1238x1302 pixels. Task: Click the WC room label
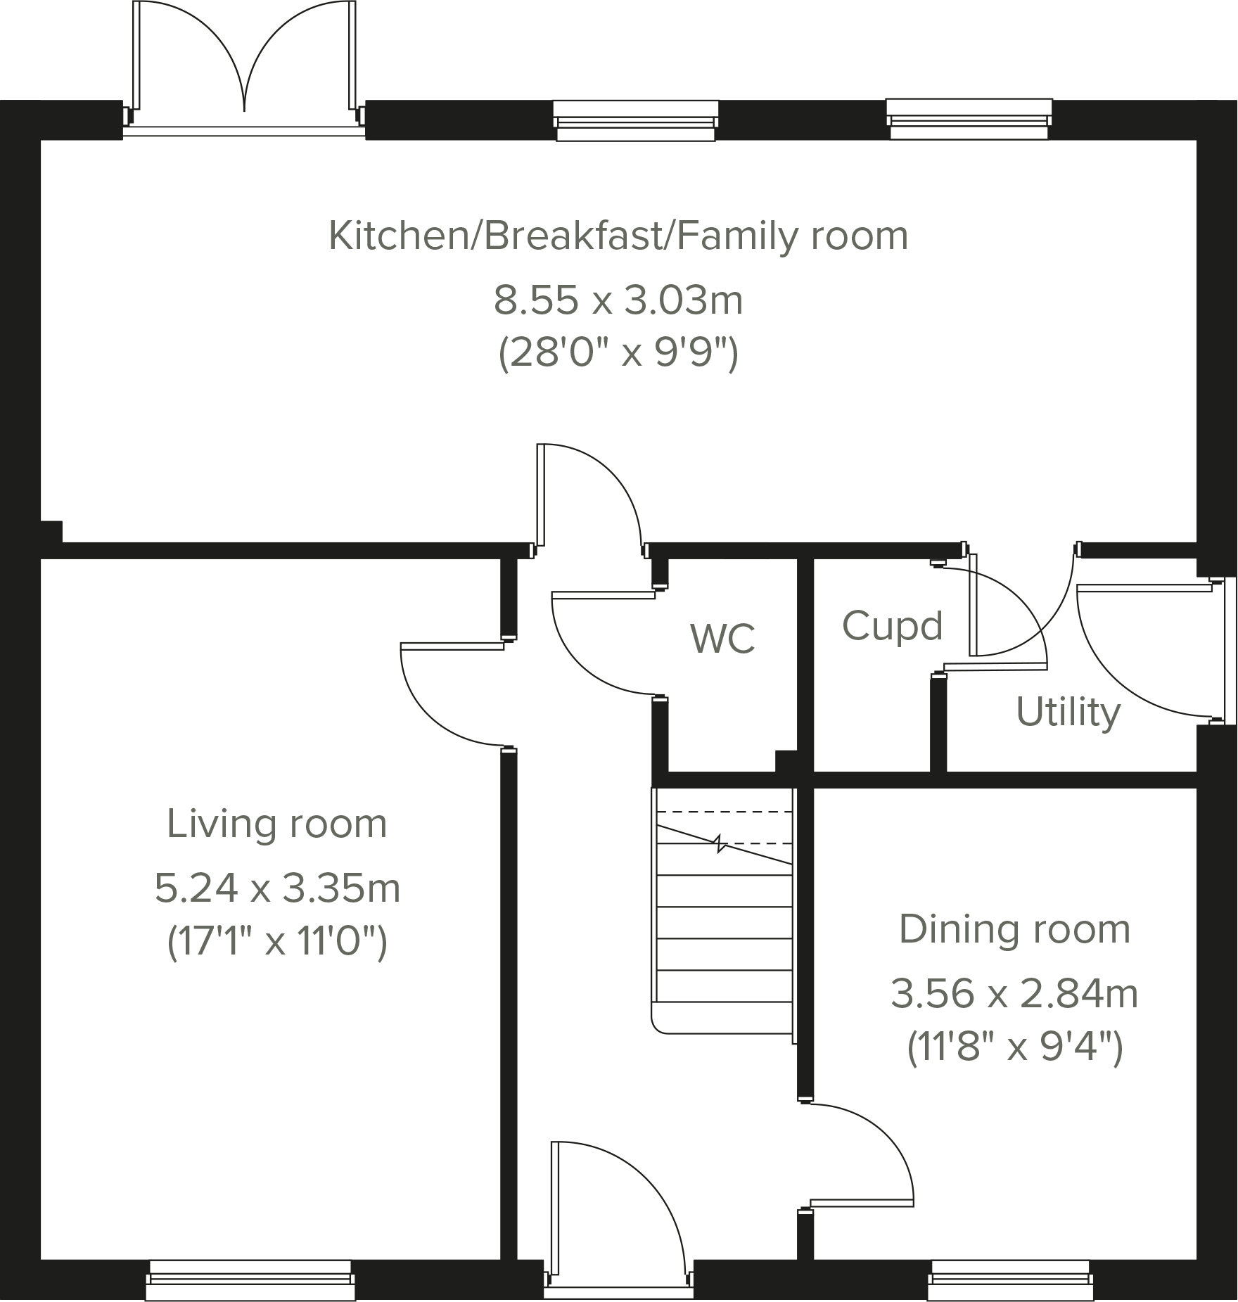click(722, 639)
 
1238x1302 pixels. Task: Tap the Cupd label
click(892, 626)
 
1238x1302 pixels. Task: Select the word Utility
click(1068, 712)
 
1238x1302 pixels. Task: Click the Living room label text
click(276, 824)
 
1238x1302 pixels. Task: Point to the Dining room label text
click(1014, 929)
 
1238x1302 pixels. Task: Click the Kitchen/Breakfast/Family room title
click(618, 236)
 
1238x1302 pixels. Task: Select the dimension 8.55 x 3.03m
click(618, 300)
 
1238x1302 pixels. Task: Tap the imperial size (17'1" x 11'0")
click(276, 941)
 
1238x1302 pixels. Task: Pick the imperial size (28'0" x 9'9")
click(618, 354)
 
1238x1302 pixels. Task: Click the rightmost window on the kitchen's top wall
click(969, 120)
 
